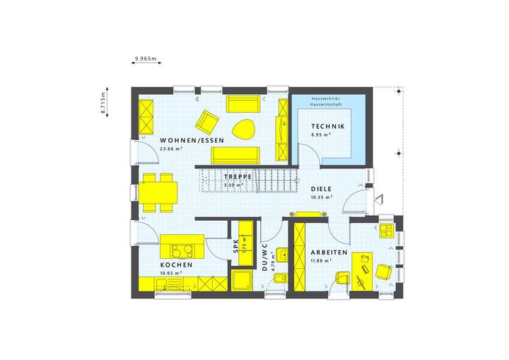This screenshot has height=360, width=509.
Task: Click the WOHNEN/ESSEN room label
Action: [x=192, y=141]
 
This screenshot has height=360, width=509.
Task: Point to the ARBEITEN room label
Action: [x=327, y=252]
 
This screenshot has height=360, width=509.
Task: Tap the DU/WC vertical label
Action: [x=264, y=257]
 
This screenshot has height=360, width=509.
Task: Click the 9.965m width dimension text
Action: [x=146, y=58]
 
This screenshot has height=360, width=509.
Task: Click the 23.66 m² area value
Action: [x=172, y=149]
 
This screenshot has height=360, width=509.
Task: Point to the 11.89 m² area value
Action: [x=321, y=261]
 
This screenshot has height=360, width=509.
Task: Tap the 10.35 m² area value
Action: [x=321, y=197]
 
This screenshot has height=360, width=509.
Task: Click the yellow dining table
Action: [x=157, y=192]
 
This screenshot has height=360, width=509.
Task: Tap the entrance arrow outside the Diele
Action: [x=379, y=199]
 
